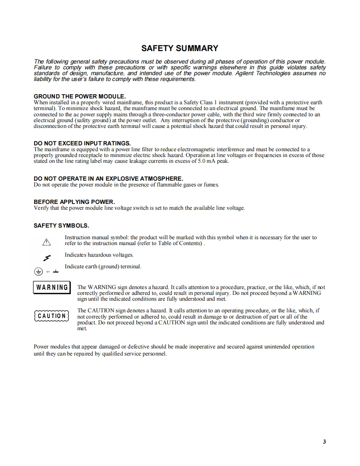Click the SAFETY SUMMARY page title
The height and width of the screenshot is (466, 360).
180,48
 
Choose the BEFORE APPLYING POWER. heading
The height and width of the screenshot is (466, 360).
74,202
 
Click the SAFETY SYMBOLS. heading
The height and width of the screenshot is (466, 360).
62,226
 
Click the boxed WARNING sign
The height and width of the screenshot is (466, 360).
52,287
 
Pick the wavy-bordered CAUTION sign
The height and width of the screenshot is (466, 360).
52,316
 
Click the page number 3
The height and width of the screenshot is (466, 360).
324,441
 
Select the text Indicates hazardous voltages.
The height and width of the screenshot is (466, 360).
99,255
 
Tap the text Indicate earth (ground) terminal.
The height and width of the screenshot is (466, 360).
103,267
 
